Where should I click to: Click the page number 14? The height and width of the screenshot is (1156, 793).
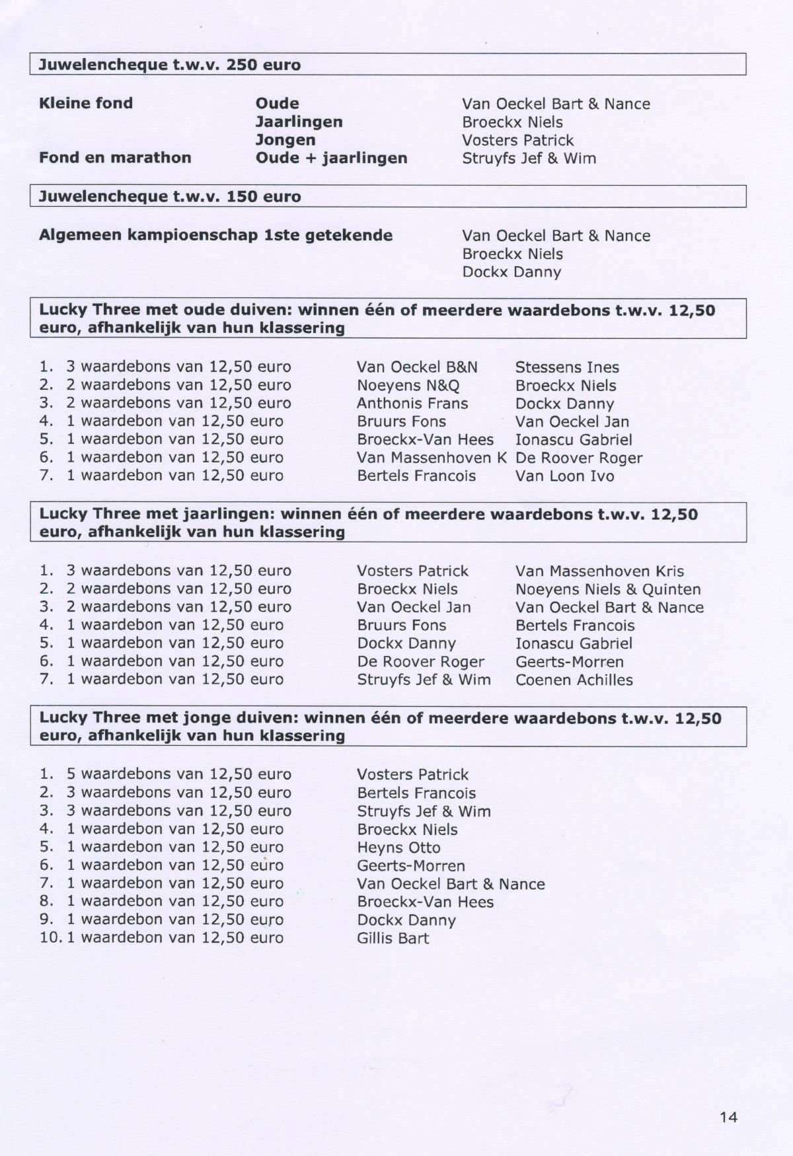[728, 1117]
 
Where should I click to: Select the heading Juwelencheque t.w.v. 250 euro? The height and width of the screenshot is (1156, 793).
[170, 65]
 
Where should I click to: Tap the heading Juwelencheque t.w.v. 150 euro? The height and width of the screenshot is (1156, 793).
[170, 196]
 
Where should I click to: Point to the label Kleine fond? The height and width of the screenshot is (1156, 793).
[86, 103]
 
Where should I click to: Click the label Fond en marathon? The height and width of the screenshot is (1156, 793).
[115, 157]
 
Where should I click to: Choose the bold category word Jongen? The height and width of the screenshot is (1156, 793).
[285, 140]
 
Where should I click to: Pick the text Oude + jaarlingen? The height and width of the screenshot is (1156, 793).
[331, 158]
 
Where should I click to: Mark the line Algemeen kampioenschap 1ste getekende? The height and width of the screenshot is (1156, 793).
[215, 235]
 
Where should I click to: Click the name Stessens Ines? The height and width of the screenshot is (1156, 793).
[567, 367]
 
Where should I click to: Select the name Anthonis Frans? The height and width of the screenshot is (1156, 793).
[412, 404]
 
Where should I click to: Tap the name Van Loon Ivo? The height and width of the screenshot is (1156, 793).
[564, 476]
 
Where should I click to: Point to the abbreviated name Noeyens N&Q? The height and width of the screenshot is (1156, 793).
[408, 386]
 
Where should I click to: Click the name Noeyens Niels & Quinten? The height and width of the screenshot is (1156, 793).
[608, 589]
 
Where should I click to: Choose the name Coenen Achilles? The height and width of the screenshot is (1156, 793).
[574, 680]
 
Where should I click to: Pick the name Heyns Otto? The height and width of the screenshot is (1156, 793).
[398, 848]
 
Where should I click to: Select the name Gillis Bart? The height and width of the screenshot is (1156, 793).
[393, 938]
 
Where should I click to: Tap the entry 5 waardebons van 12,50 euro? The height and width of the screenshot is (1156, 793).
[178, 774]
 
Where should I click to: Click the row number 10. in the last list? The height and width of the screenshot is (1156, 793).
[50, 937]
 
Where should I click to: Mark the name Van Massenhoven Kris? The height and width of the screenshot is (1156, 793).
[599, 571]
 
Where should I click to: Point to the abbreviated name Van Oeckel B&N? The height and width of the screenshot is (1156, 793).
[417, 367]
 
